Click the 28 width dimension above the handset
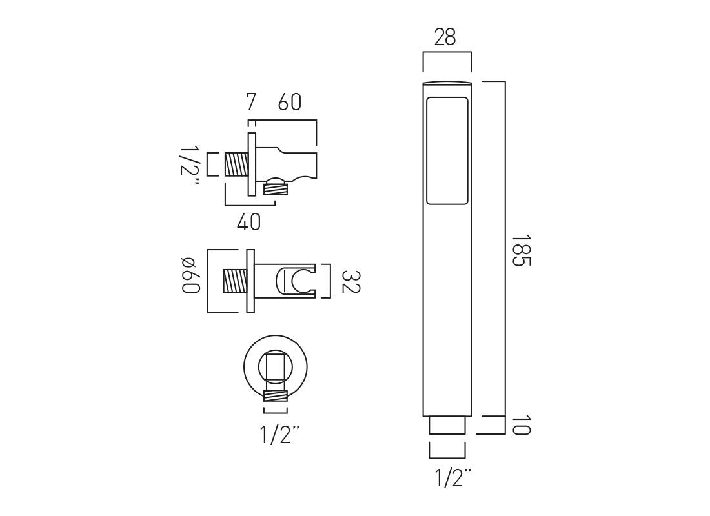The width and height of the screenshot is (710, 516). pyautogui.click(x=445, y=38)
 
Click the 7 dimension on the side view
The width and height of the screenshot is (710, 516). pyautogui.click(x=251, y=102)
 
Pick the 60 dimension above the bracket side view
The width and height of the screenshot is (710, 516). pyautogui.click(x=290, y=102)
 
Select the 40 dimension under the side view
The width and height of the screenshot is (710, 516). pyautogui.click(x=249, y=222)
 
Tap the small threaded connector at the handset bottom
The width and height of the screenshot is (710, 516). pyautogui.click(x=446, y=426)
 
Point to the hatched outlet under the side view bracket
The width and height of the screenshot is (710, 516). pyautogui.click(x=276, y=188)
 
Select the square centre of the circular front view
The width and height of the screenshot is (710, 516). pyautogui.click(x=276, y=366)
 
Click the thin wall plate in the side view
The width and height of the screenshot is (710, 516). pyautogui.click(x=252, y=164)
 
